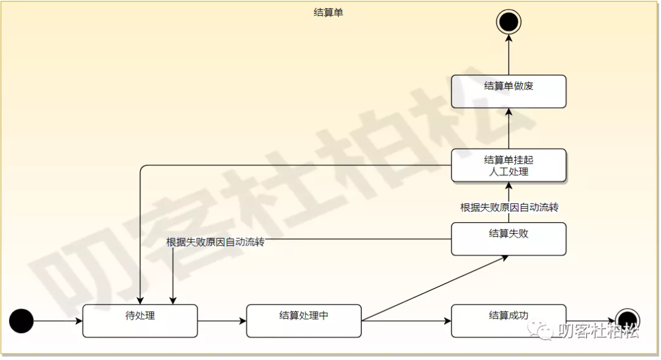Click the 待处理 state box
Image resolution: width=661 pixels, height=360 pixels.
pos(140,321)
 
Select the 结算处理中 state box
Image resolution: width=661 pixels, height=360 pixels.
pos(304,321)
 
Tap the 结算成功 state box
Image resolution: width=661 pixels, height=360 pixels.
pos(508,321)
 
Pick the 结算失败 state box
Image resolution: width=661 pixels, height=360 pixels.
pos(508,239)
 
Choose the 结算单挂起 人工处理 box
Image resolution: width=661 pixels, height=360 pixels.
pos(508,165)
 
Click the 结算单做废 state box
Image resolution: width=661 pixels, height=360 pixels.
pos(508,91)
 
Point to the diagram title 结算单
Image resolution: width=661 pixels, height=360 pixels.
pos(329,12)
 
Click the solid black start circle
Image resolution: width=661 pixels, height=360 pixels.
pos(21,321)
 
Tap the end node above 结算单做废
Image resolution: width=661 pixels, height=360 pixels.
pos(508,22)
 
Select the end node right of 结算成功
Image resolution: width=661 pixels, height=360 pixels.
pos(627,320)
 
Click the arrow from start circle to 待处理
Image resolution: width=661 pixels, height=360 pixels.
pos(58,321)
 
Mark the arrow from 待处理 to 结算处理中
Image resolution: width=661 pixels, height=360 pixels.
pos(222,321)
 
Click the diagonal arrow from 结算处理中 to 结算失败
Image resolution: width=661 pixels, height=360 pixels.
pos(435,288)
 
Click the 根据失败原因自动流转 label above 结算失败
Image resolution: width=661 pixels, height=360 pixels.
pos(509,208)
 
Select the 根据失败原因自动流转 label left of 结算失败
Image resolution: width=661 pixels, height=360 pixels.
pos(215,242)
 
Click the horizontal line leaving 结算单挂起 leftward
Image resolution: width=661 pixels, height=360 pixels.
pos(294,165)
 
